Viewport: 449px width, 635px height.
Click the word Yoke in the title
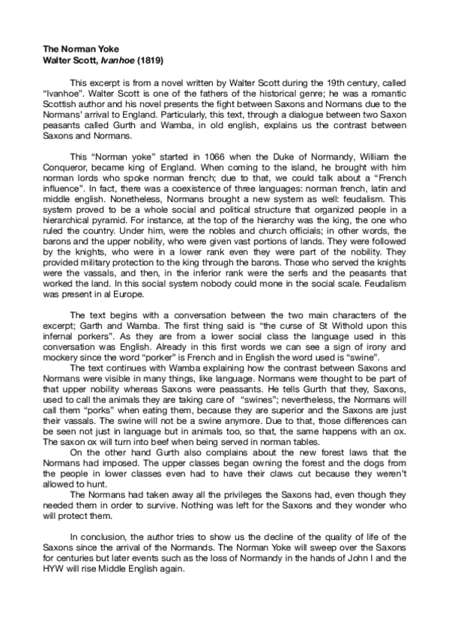(94, 46)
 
